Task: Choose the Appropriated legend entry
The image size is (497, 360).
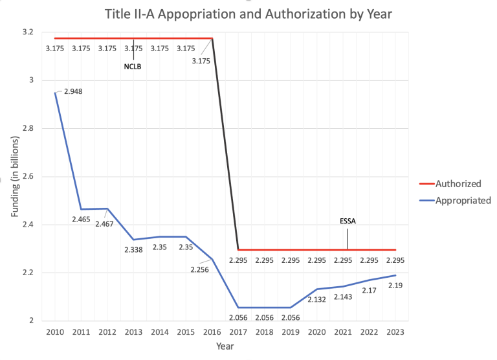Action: click(463, 200)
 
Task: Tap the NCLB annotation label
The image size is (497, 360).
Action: click(133, 66)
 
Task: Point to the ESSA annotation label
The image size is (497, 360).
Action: click(348, 221)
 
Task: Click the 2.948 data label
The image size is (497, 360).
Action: click(73, 91)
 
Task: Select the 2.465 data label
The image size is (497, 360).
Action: click(80, 219)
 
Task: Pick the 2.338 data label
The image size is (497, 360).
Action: click(133, 249)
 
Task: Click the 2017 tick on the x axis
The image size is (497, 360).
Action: click(238, 332)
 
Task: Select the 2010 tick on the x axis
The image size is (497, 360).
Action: click(55, 332)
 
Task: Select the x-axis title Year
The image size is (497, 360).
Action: click(225, 346)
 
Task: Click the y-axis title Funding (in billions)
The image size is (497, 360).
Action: click(14, 176)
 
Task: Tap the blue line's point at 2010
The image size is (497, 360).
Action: click(55, 93)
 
